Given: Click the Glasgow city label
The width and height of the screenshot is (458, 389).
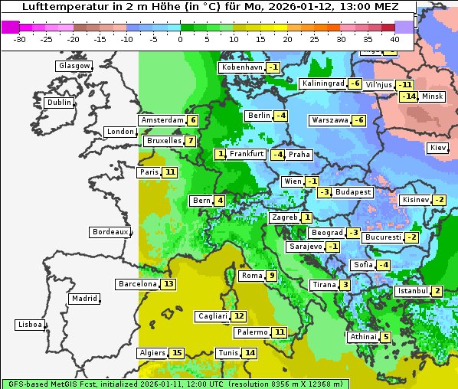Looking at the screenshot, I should tap(74, 66).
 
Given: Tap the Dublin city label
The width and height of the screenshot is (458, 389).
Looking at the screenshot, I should tap(58, 103).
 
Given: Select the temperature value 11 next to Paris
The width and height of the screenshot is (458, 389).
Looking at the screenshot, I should tap(169, 172).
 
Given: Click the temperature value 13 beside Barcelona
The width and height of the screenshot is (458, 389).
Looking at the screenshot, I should tap(168, 284).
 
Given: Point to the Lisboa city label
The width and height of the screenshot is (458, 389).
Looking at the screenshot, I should tap(28, 325).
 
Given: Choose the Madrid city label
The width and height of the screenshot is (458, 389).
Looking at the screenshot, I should tap(83, 299).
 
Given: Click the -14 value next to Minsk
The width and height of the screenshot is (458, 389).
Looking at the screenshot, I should tap(408, 96).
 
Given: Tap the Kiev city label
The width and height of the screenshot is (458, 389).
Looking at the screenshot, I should tap(438, 148).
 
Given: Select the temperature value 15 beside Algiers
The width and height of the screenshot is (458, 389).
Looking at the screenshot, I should tap(177, 353).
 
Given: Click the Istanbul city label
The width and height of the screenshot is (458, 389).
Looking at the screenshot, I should tap(411, 291).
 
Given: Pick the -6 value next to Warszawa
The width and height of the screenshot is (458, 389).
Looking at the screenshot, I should tap(358, 120).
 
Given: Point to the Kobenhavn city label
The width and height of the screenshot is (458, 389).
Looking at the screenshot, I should tap(241, 67).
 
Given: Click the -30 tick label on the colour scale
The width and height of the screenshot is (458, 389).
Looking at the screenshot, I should tap(20, 39).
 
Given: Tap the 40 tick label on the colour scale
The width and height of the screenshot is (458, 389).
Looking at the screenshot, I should tap(394, 39).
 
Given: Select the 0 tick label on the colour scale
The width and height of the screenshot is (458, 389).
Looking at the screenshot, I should tap(181, 39).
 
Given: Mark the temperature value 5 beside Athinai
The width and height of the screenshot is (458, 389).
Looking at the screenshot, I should tap(386, 337).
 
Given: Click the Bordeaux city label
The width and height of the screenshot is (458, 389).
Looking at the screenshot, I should tap(109, 231).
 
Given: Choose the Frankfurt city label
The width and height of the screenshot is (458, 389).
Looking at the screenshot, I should tap(247, 154).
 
